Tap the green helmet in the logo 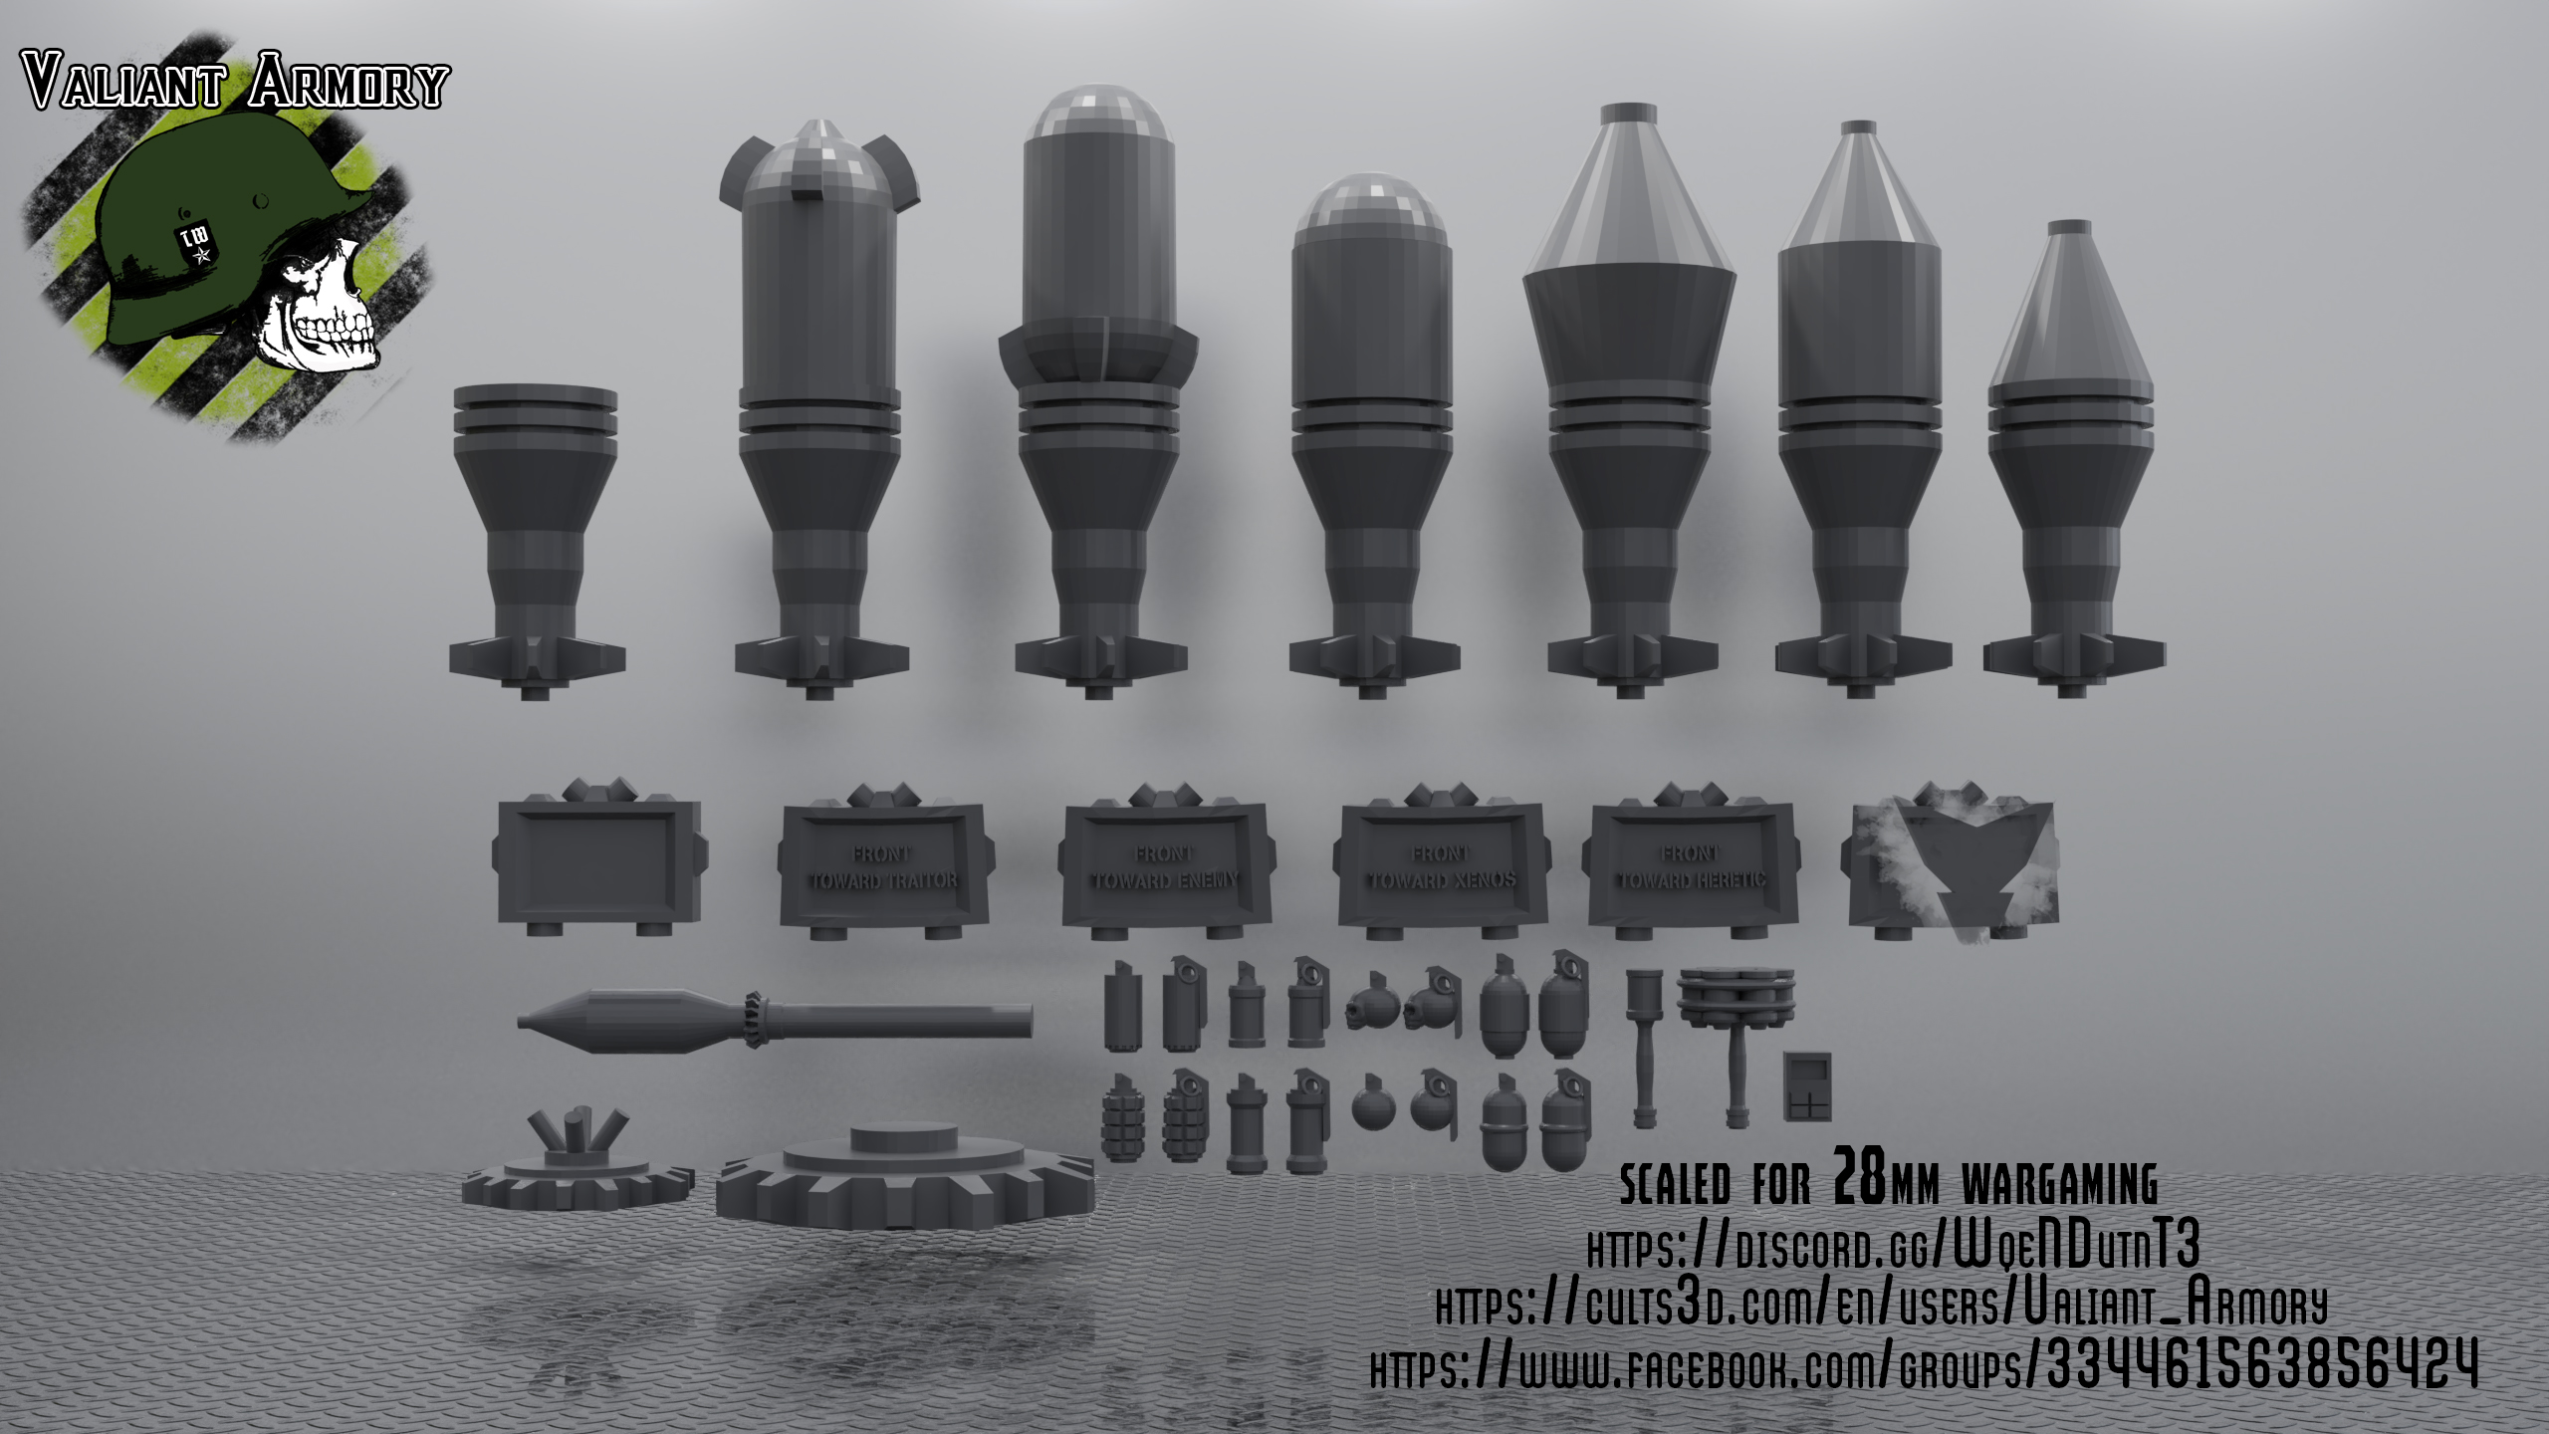pyautogui.click(x=189, y=219)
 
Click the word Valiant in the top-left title pyautogui.click(x=124, y=85)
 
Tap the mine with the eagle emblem pyautogui.click(x=1950, y=861)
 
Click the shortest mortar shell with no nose pyautogui.click(x=536, y=538)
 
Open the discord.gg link pyautogui.click(x=1892, y=1246)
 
